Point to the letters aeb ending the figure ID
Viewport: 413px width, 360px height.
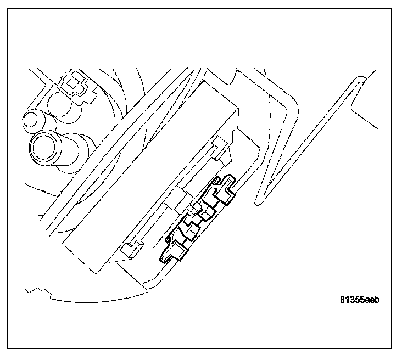tap(373, 300)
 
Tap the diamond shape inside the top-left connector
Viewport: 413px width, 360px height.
tap(71, 84)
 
